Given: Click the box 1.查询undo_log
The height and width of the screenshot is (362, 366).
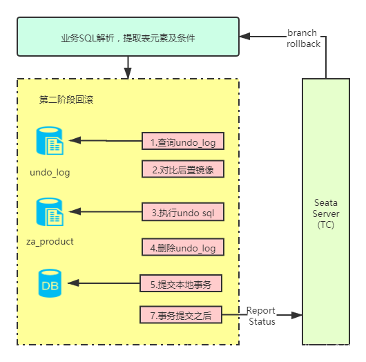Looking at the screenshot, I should [x=183, y=142].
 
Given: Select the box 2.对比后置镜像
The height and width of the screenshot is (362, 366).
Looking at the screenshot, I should [x=183, y=169].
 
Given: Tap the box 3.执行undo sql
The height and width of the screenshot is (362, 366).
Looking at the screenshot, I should [x=183, y=213].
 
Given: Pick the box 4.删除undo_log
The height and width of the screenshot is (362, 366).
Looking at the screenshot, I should [x=183, y=247].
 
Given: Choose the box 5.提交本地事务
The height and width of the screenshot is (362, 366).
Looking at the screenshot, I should [x=183, y=283].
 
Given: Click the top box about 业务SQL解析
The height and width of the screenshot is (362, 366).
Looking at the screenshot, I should [x=128, y=37].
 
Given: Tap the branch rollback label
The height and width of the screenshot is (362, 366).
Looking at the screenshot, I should [x=302, y=38].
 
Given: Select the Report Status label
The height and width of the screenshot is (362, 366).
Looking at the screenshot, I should [x=262, y=316].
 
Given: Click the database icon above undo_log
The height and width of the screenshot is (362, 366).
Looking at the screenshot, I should [x=50, y=141].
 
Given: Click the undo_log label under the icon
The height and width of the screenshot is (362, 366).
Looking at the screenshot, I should [x=50, y=172].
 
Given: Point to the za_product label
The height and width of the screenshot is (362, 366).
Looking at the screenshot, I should [x=50, y=242].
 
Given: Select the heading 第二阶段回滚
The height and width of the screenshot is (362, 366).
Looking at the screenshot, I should [x=66, y=99].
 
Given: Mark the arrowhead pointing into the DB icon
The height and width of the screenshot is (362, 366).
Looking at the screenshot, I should [x=75, y=283].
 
